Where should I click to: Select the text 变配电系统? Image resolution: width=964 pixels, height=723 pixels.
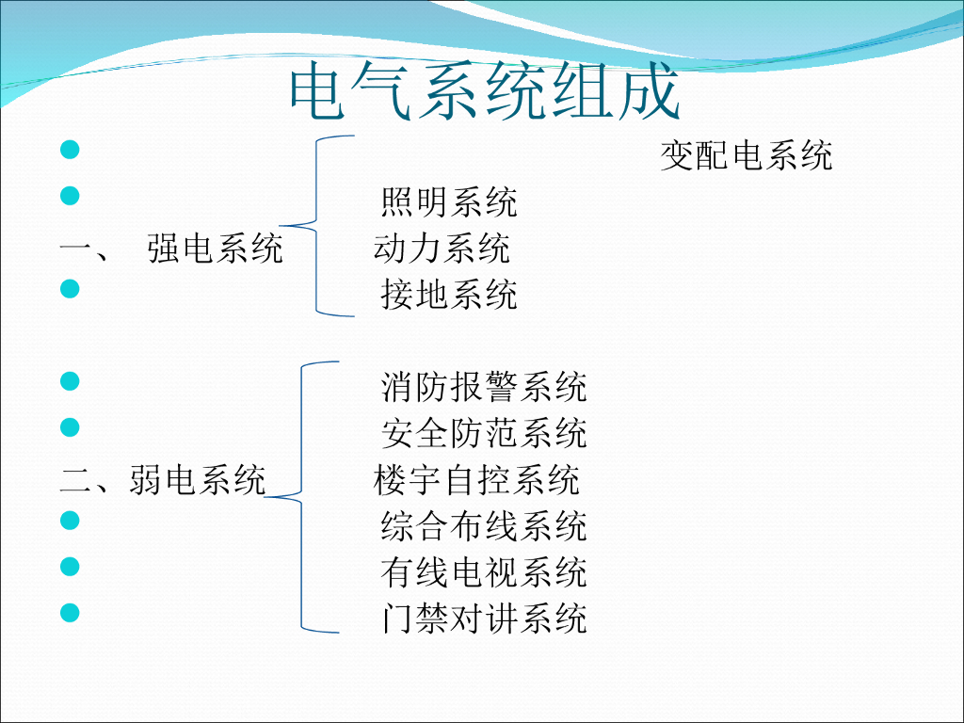click(747, 155)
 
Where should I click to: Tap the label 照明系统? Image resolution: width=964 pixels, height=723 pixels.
click(449, 202)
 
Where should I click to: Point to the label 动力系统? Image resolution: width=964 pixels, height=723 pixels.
click(442, 249)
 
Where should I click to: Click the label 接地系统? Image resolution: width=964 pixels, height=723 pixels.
click(449, 295)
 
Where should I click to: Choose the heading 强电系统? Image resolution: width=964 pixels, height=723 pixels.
click(215, 249)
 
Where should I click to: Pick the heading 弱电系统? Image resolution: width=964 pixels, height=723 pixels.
click(197, 480)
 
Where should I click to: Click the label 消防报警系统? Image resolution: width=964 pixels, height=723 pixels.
click(484, 387)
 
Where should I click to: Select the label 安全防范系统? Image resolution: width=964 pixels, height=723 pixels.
click(484, 433)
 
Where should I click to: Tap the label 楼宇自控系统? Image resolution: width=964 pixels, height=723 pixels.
click(476, 480)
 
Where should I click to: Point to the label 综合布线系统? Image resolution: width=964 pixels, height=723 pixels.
click(484, 526)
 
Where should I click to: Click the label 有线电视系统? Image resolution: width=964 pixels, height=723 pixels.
click(484, 572)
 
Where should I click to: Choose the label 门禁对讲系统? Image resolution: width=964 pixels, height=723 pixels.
click(484, 619)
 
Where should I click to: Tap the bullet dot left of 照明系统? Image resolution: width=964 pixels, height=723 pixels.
click(69, 196)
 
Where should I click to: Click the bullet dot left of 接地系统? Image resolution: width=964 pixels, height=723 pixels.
click(69, 288)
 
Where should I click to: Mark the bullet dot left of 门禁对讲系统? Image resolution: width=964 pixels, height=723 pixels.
click(69, 612)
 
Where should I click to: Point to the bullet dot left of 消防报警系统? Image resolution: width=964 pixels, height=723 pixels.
click(69, 380)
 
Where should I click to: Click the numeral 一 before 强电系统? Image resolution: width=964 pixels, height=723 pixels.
click(73, 249)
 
